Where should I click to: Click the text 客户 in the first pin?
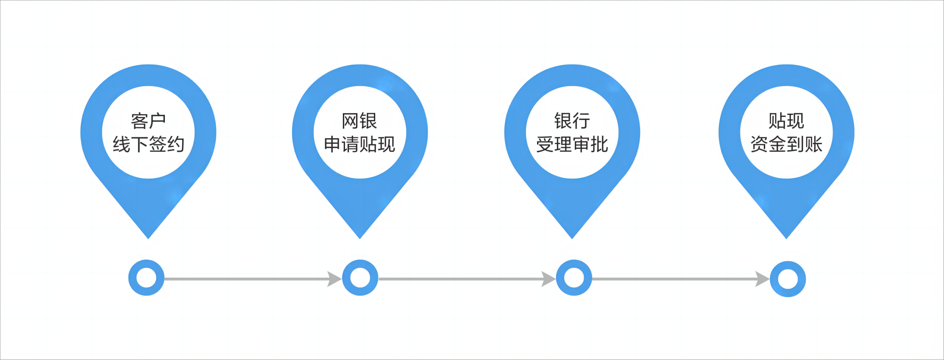148,121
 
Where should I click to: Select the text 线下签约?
148,145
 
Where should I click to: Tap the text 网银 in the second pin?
359,121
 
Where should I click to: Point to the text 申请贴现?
359,145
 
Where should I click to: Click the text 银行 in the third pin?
572,121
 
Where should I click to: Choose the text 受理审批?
572,145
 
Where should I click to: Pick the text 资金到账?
786,145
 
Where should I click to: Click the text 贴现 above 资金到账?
786,121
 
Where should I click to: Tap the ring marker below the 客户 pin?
146,278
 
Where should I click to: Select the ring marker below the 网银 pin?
360,278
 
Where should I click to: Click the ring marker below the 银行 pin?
574,278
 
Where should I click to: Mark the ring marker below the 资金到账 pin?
788,279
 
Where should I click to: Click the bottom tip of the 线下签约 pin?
148,237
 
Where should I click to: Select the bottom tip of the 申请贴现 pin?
360,237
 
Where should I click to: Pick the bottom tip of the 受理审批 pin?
572,237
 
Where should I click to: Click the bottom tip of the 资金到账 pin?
786,237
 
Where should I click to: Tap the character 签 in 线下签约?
157,145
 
